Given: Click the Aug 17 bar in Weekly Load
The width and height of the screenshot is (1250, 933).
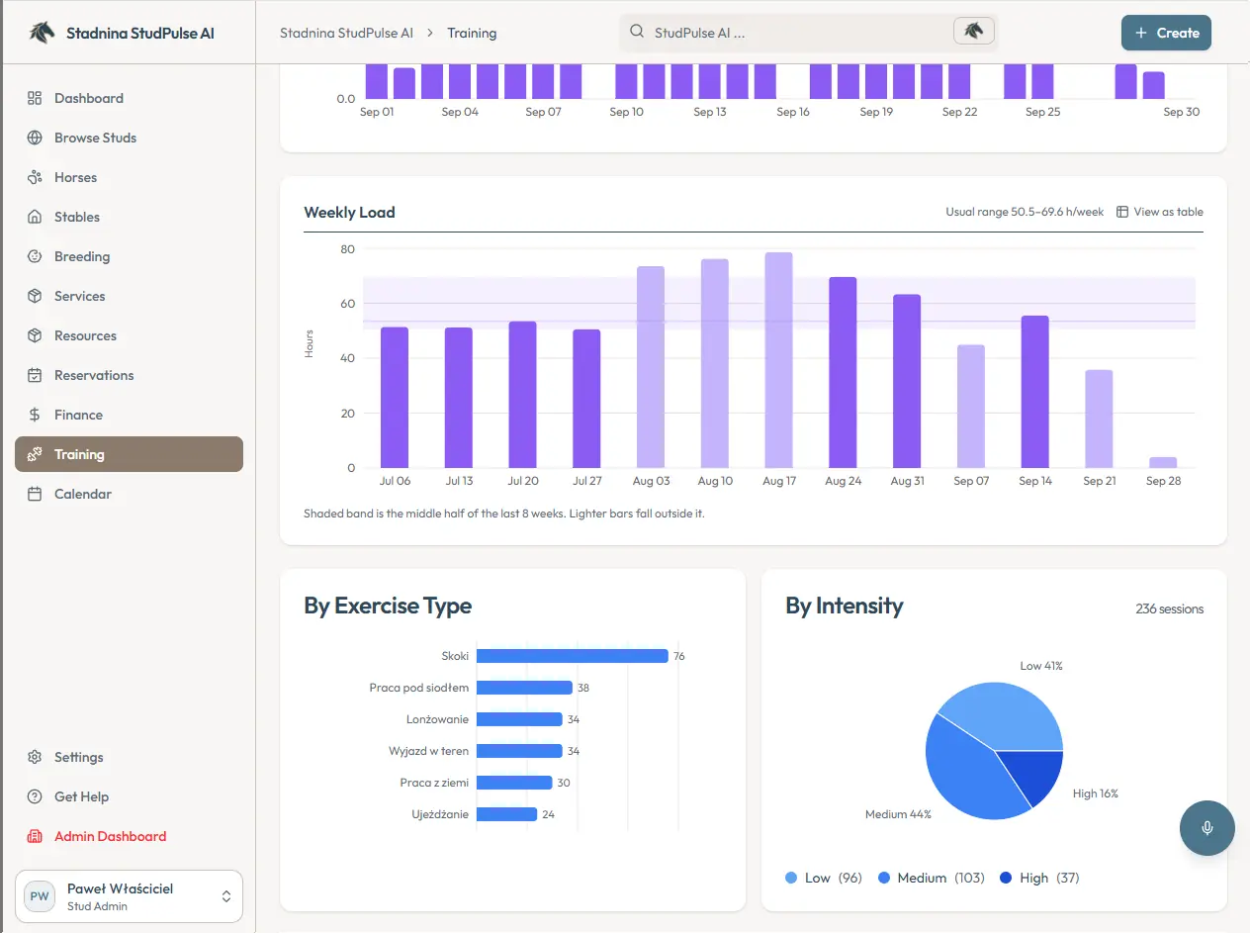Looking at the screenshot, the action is [778, 360].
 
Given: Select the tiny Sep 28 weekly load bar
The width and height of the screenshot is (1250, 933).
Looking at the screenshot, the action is [1163, 462].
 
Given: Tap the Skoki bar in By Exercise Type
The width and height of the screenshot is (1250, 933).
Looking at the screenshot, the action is [573, 656].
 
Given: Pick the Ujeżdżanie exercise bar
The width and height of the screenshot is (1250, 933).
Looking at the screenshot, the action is [507, 814].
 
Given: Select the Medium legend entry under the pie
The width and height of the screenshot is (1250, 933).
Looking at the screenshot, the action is [932, 878].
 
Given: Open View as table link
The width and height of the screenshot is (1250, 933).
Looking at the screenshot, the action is [1160, 212].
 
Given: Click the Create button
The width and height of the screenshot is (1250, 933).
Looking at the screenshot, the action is [1166, 33].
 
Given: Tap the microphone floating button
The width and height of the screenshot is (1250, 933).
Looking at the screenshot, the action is [1206, 827].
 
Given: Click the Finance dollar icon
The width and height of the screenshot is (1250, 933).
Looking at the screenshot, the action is [35, 415].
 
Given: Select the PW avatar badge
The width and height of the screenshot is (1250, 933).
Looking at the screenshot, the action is [40, 896].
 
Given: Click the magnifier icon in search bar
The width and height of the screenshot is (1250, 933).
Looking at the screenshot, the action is [637, 32].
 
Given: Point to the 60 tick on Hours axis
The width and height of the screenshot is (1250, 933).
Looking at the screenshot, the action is [347, 304].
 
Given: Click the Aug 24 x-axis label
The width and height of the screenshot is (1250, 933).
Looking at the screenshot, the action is [843, 481].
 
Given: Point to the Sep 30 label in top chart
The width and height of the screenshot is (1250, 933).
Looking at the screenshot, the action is [1181, 112].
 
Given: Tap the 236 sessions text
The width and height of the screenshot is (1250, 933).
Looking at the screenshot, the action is [1169, 608].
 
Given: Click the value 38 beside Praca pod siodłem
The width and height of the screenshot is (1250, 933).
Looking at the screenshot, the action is [583, 688].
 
